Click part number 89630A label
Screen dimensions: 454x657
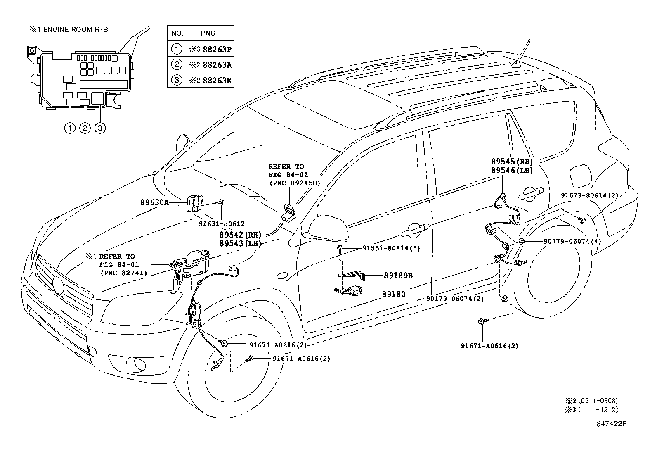click(x=154, y=203)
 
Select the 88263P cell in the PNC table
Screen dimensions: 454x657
click(x=211, y=49)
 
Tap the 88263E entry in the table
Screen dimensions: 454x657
click(x=211, y=80)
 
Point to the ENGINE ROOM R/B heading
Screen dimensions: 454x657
click(x=69, y=30)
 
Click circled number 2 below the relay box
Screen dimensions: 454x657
click(x=85, y=128)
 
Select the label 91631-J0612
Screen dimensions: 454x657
click(x=222, y=223)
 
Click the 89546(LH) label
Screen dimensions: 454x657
click(x=512, y=170)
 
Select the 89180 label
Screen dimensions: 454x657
click(x=393, y=294)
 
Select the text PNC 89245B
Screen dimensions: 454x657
click(x=295, y=183)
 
